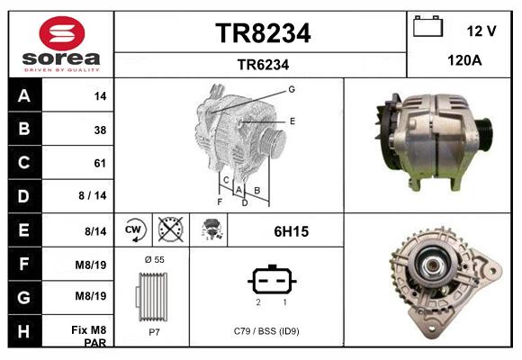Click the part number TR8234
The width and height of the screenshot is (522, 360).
click(263, 33)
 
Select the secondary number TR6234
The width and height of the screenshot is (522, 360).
click(263, 64)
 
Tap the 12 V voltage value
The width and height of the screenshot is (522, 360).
click(481, 31)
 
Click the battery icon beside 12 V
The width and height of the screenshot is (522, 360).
click(427, 28)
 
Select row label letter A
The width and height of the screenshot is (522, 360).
click(24, 95)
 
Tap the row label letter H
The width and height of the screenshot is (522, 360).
click(24, 331)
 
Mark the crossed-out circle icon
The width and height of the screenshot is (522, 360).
click(169, 230)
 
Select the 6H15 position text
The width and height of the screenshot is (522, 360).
click(291, 231)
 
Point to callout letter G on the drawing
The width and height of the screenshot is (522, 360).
click(292, 89)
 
